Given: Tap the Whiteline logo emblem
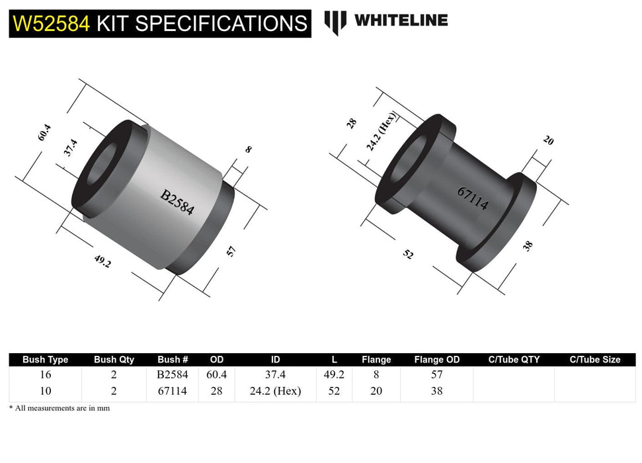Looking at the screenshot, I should click(x=335, y=22).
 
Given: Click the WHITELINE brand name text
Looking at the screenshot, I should click(x=401, y=21).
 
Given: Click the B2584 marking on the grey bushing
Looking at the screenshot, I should click(x=177, y=202).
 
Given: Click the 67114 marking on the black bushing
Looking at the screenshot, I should click(x=473, y=198).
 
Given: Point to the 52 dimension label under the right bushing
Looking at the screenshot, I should click(x=408, y=253).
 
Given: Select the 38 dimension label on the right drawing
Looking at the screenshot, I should click(x=528, y=246).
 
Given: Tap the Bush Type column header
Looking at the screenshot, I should click(x=45, y=360).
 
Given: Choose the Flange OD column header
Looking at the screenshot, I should click(x=436, y=360).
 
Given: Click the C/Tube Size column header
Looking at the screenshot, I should click(x=594, y=360).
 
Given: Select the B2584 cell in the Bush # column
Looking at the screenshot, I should click(x=173, y=374).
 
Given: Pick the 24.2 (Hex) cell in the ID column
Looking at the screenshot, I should click(x=276, y=391).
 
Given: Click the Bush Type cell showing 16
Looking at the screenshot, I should click(x=45, y=374).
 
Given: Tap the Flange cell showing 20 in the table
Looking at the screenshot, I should click(x=376, y=391).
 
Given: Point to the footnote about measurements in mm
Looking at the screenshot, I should click(x=60, y=408).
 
